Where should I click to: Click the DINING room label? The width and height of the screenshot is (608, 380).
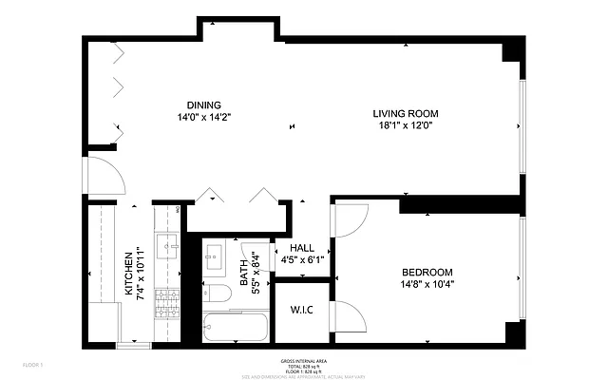pos(203,104)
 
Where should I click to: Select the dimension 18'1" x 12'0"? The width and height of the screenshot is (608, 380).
pos(403,125)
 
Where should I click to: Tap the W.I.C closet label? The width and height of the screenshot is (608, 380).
pos(301,310)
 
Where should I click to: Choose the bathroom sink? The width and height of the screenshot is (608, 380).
pos(215,254)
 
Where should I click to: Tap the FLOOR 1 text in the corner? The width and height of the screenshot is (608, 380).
pos(33,364)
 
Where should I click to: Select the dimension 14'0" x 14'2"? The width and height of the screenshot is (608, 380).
pos(203,117)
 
